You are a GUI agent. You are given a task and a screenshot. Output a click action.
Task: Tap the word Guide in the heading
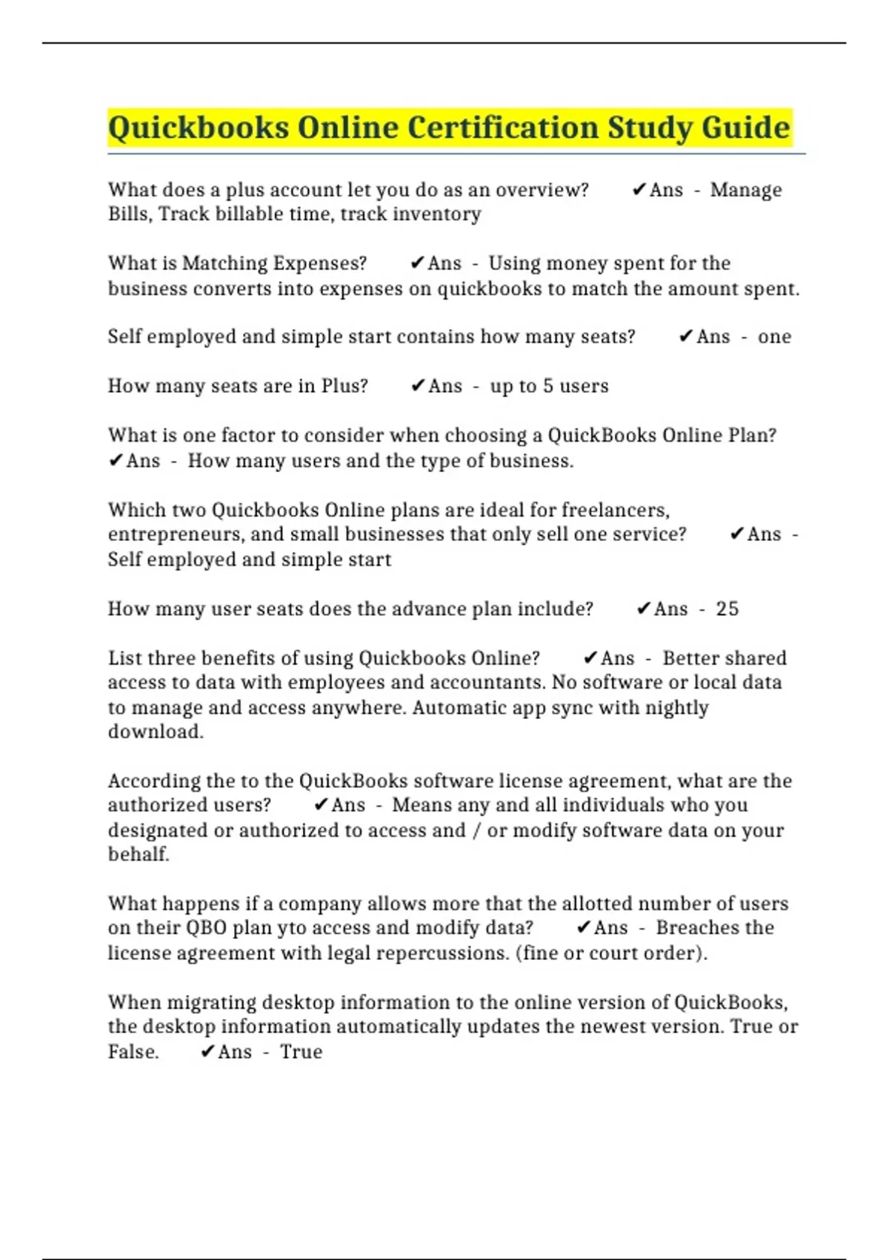click(x=746, y=127)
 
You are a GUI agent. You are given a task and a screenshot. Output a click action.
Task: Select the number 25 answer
click(x=727, y=609)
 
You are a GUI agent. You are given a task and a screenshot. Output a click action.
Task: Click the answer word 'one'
click(x=774, y=337)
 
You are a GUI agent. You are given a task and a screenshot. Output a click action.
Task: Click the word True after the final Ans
click(x=301, y=1052)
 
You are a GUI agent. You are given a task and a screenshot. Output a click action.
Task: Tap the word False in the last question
click(x=133, y=1052)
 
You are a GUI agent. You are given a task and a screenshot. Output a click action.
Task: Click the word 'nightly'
click(x=676, y=708)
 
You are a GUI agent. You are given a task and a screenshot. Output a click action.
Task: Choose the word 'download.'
click(x=156, y=732)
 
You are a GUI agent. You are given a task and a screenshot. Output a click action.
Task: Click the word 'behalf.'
click(x=139, y=855)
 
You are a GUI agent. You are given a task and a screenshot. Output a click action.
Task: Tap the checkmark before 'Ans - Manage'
click(x=639, y=190)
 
